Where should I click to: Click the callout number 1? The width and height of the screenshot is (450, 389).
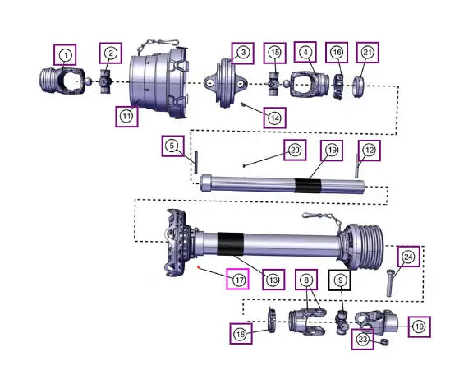coord(65,55)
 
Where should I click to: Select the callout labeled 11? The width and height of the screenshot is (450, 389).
coord(126,117)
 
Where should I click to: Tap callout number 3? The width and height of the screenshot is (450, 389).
coord(243,53)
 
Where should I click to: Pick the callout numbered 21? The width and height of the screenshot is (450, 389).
coord(368,53)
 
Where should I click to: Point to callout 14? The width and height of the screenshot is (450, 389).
coord(274,118)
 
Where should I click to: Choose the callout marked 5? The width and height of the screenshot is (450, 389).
coord(172,146)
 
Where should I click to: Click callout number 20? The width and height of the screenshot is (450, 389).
coord(295,150)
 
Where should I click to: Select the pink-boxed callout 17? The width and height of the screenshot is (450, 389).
coord(237,279)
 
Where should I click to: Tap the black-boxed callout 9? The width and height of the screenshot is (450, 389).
coord(340,280)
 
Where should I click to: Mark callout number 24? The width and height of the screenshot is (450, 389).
coord(408,257)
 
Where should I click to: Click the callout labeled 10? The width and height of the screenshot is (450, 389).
coord(420,326)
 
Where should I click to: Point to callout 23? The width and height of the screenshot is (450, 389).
coord(363,340)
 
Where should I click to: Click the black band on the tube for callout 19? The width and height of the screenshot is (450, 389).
coord(308,186)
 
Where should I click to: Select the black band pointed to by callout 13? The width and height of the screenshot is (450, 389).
coord(231,244)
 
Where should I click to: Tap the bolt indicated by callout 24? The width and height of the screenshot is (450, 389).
coord(390,283)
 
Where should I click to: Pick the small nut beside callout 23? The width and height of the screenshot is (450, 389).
coord(384,342)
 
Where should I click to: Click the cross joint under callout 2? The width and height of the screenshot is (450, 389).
coord(105,82)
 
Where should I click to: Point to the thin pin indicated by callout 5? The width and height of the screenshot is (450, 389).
coord(196,163)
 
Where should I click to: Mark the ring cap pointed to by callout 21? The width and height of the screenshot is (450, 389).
coord(358,86)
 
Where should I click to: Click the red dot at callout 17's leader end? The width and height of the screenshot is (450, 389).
coord(198,267)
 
